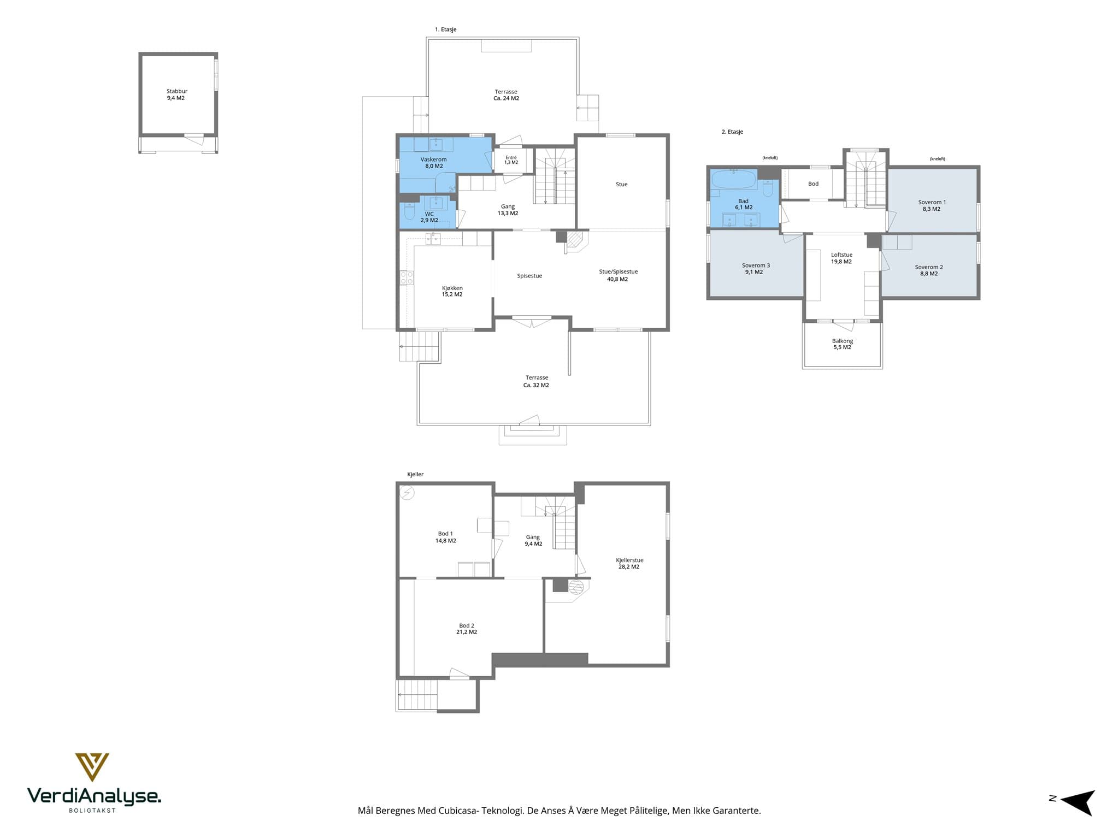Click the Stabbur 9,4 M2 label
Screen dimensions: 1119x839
(x=176, y=94)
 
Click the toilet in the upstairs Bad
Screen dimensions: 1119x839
(x=768, y=188)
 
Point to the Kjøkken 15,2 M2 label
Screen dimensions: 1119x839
(x=452, y=291)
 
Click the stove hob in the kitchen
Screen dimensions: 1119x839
(x=407, y=277)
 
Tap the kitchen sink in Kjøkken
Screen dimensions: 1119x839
(x=434, y=238)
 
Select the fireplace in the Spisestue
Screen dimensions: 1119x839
(x=575, y=241)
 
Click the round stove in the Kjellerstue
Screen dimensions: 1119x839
(x=576, y=587)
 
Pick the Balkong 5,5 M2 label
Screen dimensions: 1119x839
(x=843, y=344)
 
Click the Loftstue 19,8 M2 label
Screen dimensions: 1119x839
(x=841, y=258)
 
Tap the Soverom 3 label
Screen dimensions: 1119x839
(x=756, y=265)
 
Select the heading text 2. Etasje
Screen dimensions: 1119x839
(x=732, y=132)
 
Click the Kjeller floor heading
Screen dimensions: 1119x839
(x=415, y=474)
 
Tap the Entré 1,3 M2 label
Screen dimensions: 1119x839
(x=511, y=160)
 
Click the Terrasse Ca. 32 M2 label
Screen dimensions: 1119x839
(x=537, y=381)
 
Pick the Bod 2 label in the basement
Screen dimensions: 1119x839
(x=467, y=625)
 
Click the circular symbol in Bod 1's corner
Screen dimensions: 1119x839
(x=407, y=493)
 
